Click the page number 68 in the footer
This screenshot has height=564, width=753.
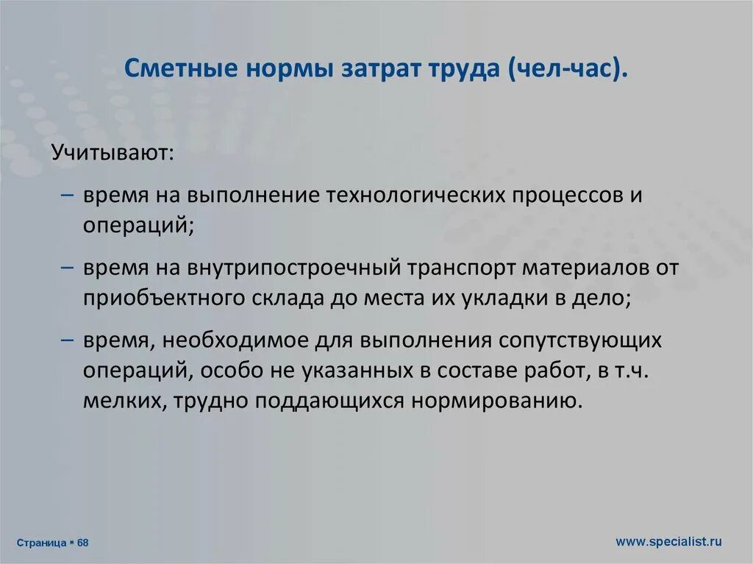[x=82, y=543]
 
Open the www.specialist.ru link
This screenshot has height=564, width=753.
[x=668, y=541]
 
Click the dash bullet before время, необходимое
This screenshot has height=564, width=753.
[x=67, y=340]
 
